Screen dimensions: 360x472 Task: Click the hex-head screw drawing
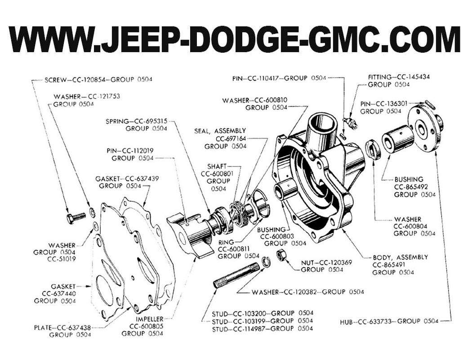[76, 218]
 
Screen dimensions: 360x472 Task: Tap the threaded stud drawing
[236, 275]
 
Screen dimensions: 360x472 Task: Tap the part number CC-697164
[231, 138]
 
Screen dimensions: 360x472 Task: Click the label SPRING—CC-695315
[137, 121]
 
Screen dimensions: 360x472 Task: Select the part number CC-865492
[414, 187]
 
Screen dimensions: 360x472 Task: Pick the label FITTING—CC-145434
[398, 77]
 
